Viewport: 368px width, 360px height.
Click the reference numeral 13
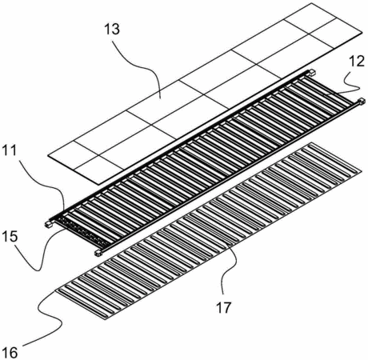point(112,30)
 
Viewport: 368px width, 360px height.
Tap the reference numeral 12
point(357,62)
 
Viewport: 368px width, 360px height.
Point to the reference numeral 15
point(10,236)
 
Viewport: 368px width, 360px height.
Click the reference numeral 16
point(10,353)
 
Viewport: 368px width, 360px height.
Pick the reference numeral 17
point(223,307)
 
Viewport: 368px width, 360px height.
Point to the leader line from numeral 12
point(344,85)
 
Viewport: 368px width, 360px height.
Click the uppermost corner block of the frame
point(310,72)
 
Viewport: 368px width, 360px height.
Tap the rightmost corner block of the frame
point(362,102)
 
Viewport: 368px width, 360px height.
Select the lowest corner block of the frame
point(98,253)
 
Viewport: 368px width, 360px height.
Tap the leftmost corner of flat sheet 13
point(48,155)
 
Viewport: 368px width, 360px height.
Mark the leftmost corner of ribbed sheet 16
point(55,291)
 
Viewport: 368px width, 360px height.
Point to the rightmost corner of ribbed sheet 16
point(362,172)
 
